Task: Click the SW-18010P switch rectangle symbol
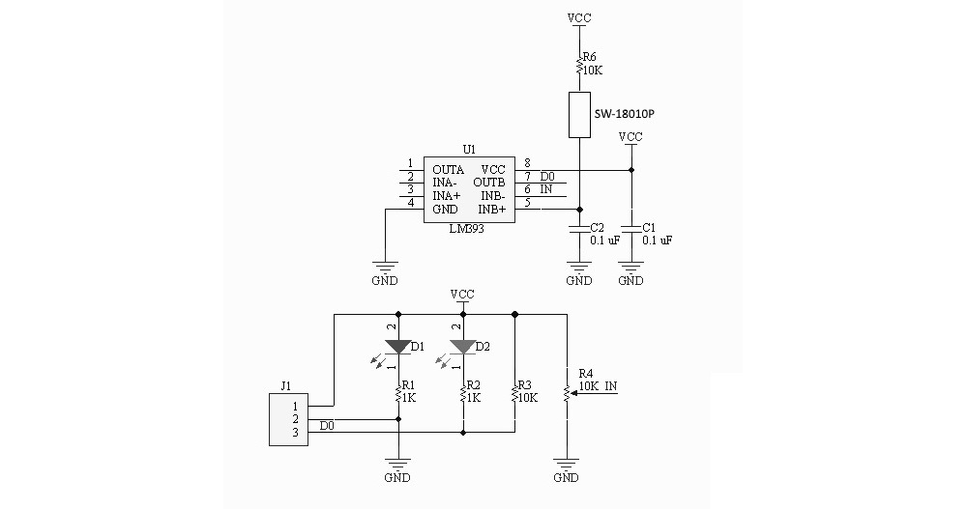(x=578, y=114)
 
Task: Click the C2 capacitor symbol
(x=578, y=229)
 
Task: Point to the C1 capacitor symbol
(x=630, y=229)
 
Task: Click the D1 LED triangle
(x=397, y=346)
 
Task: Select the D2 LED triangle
(x=463, y=346)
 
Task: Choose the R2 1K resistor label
(x=473, y=390)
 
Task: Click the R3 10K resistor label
(x=526, y=390)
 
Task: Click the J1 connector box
(x=288, y=419)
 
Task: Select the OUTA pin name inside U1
(x=448, y=169)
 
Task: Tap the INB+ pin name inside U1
(x=492, y=209)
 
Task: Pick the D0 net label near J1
(x=327, y=426)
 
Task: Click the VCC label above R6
(x=578, y=18)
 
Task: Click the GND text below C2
(x=578, y=281)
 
